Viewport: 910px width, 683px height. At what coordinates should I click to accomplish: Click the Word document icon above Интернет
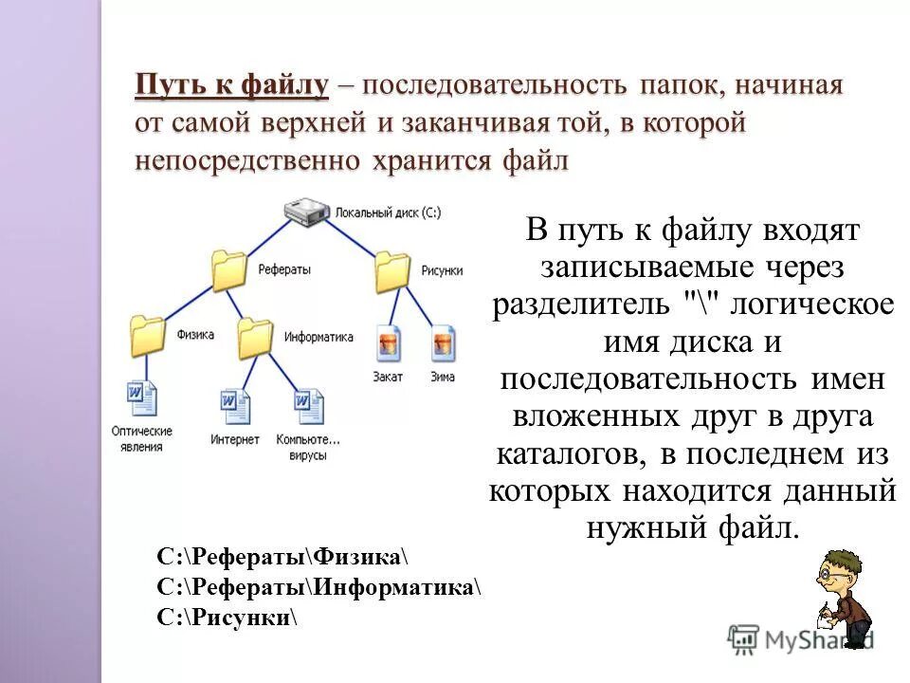(235, 406)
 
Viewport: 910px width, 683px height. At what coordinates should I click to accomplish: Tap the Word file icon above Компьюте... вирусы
(308, 406)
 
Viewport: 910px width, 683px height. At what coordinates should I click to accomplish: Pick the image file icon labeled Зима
(443, 342)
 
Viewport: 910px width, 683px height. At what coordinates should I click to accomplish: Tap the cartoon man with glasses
(844, 598)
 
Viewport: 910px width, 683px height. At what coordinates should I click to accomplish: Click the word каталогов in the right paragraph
(572, 452)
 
